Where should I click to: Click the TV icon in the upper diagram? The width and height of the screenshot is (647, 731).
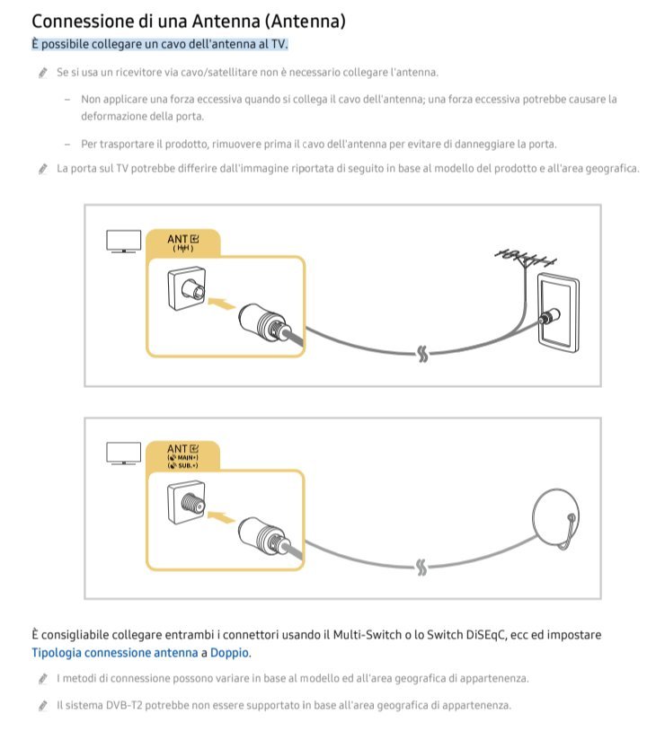pos(124,242)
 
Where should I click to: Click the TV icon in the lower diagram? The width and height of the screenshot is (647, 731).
pos(124,453)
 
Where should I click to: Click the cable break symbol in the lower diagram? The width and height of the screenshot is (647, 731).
pos(421,567)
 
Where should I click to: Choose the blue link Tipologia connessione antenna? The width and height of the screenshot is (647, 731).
pos(113,653)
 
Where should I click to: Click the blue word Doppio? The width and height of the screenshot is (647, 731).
pos(230,653)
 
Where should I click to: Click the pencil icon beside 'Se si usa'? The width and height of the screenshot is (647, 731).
pos(42,72)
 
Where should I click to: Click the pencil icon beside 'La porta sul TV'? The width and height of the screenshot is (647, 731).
pos(42,168)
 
